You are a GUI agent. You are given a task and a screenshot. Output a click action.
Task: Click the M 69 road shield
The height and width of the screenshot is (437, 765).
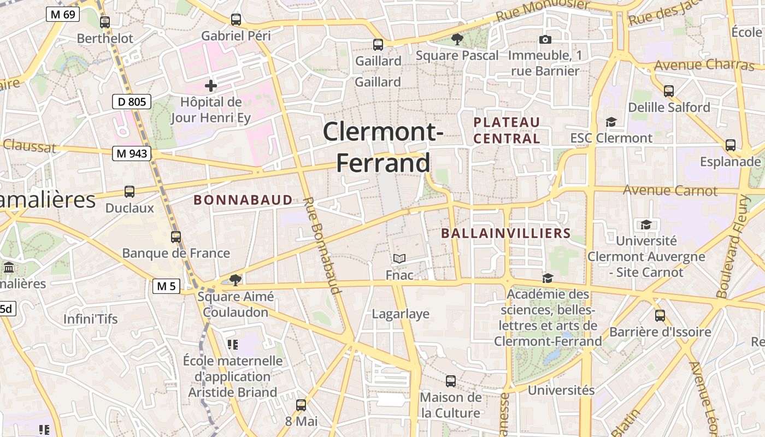click(63, 14)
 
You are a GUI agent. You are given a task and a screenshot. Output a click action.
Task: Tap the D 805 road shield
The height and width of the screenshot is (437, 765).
click(131, 101)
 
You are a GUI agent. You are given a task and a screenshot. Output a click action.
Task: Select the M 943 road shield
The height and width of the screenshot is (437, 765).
click(132, 153)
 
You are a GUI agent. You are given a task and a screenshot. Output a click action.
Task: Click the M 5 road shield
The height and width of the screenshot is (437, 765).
click(166, 286)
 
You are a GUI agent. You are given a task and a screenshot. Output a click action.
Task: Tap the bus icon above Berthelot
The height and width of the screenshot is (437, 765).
click(105, 22)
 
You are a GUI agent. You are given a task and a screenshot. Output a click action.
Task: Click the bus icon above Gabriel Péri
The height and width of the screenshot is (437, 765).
click(236, 20)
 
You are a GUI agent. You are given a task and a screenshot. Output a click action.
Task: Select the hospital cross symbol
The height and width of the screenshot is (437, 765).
click(211, 86)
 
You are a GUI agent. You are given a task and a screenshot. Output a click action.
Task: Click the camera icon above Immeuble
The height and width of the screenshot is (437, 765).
click(545, 39)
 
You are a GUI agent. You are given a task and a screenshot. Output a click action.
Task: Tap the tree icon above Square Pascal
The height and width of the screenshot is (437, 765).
click(457, 39)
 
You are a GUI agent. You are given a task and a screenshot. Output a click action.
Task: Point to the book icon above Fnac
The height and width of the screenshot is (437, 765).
click(399, 258)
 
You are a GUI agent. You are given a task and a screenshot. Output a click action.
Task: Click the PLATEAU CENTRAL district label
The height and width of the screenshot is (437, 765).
click(507, 130)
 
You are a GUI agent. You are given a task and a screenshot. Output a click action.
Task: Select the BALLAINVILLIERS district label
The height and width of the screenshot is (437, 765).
click(505, 233)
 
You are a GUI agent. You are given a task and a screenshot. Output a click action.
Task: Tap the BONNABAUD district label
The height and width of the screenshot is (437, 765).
click(243, 200)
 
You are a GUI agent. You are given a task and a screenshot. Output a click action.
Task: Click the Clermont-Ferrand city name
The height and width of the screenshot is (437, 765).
click(382, 147)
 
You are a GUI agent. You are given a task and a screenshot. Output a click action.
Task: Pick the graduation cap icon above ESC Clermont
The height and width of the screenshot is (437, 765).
click(611, 122)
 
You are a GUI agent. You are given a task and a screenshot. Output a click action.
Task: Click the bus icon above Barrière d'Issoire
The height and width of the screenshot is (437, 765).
click(660, 316)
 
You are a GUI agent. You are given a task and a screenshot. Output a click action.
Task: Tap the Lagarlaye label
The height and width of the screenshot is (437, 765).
click(401, 314)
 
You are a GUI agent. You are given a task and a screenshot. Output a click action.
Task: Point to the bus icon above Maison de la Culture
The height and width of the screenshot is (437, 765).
click(451, 381)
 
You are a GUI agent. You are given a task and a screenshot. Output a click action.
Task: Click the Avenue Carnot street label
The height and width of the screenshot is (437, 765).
click(670, 191)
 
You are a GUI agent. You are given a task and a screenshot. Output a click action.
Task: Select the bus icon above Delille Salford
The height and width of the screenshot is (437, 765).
click(669, 91)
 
